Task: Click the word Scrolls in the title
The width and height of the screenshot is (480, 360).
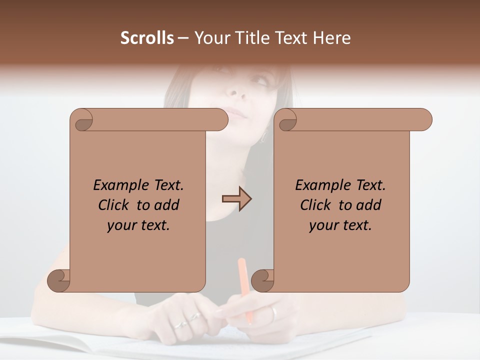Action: click(147, 38)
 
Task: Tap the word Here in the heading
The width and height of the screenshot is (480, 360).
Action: click(332, 38)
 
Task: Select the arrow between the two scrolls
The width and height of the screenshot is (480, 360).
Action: click(236, 199)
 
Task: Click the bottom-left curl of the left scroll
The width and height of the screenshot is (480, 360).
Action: click(58, 281)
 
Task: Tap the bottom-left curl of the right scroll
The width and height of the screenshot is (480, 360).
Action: click(262, 281)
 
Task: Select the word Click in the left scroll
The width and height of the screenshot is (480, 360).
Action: click(115, 205)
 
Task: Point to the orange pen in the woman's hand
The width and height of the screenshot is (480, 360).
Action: click(245, 285)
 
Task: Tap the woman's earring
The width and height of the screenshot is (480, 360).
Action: click(263, 136)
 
